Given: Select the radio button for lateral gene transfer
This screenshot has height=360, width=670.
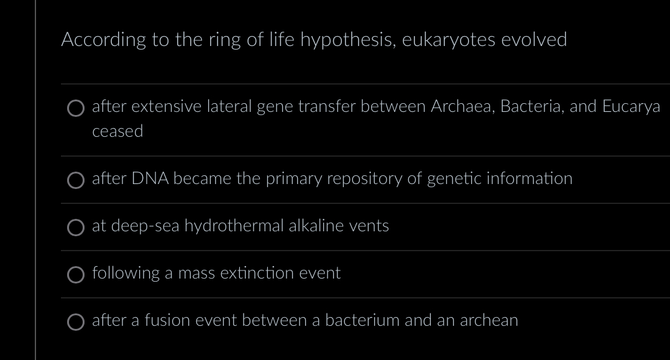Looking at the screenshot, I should pos(76,109).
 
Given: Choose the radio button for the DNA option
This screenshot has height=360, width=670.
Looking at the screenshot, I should pos(76,180).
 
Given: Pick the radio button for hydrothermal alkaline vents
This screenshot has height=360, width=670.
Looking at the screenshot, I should pos(76,228).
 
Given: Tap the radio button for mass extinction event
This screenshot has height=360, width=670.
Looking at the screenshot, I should pos(76,275).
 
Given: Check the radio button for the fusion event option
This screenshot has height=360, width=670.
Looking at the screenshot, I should pos(76,322).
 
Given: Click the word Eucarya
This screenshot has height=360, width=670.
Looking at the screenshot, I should pos(631,107).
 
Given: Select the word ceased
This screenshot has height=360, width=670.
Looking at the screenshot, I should pos(117,132).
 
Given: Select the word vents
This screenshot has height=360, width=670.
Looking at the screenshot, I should pos(369,226).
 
